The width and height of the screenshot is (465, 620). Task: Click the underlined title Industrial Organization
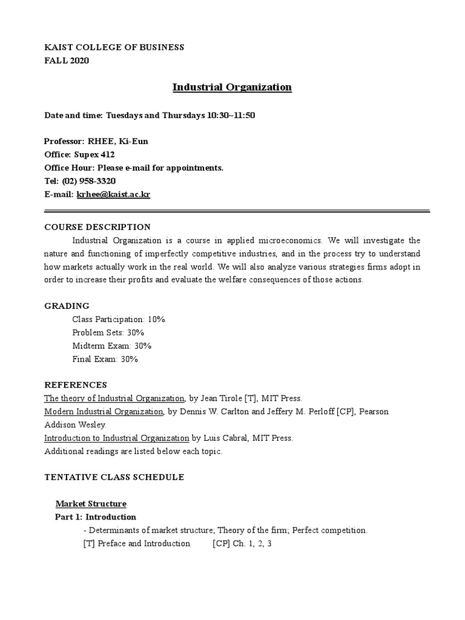(232, 87)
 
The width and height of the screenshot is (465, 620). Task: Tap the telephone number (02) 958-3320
(89, 181)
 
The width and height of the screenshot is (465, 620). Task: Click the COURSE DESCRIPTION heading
(97, 227)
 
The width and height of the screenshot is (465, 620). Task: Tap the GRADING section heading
(67, 306)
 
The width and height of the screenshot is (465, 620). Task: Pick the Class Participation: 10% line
(119, 319)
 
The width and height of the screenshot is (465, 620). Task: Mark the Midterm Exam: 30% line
(111, 346)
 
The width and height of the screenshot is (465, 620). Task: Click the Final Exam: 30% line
(105, 359)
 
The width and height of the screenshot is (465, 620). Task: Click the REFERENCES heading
(76, 385)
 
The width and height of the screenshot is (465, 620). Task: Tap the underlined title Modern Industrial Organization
(104, 412)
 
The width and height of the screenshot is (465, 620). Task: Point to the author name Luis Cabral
(226, 438)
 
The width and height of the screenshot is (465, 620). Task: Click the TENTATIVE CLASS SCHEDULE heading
(114, 477)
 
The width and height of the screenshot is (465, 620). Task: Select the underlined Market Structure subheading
(91, 504)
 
